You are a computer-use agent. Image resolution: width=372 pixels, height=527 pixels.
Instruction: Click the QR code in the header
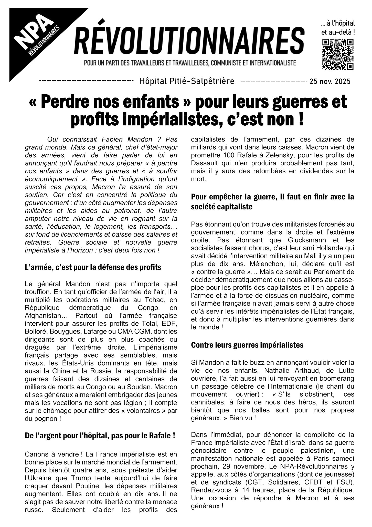(x=338, y=54)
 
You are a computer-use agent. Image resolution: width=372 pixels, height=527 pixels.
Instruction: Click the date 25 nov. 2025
(x=330, y=82)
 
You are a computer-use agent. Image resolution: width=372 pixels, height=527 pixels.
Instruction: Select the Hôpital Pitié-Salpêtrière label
(x=187, y=81)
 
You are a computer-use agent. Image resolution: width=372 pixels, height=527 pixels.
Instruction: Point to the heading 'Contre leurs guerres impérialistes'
(x=247, y=345)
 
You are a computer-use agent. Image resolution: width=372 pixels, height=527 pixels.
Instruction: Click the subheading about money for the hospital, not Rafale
(x=100, y=436)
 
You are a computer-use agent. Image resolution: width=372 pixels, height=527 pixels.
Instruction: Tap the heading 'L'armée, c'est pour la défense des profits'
(x=93, y=267)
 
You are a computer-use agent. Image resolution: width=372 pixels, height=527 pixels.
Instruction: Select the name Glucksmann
(x=305, y=240)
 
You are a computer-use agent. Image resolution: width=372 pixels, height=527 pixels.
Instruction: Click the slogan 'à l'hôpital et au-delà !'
(x=338, y=27)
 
